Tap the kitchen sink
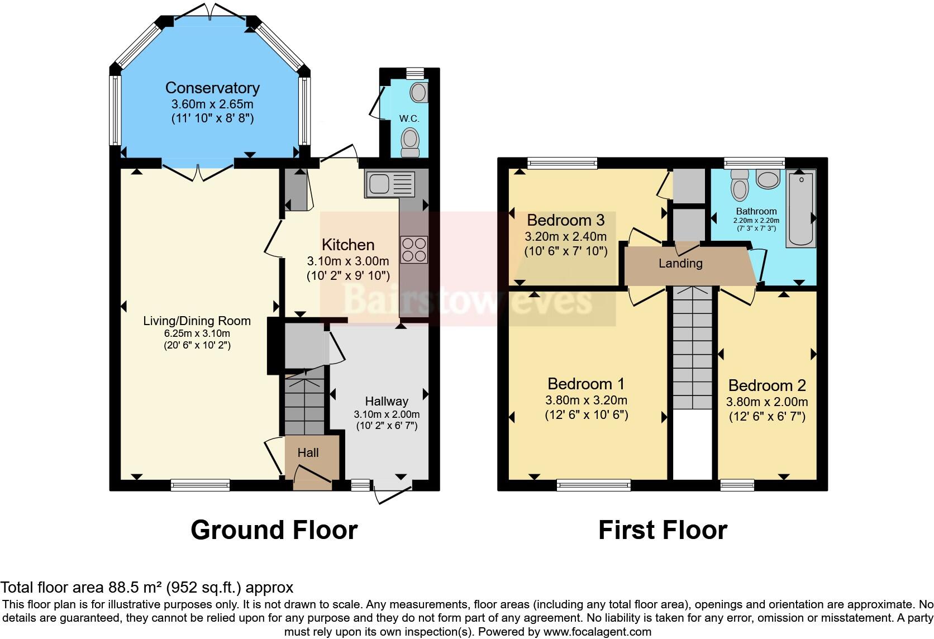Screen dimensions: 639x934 pos(389,184)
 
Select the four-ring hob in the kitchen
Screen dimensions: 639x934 pos(414,250)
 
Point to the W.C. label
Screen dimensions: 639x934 pos(409,119)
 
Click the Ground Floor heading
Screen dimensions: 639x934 pos(274,530)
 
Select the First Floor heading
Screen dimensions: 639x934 pos(663,530)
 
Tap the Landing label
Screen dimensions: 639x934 pos(680,263)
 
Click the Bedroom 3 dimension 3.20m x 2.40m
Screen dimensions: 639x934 pos(565,236)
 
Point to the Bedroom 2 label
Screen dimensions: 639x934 pos(767,385)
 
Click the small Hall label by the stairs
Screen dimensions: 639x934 pos(308,452)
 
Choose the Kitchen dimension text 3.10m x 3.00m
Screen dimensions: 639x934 pos(348,261)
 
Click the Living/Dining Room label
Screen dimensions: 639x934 pos(197,321)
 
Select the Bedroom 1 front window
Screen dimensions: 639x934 pos(593,484)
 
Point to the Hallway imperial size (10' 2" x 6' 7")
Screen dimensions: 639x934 pos(387,426)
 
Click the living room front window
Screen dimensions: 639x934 pos(200,484)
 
